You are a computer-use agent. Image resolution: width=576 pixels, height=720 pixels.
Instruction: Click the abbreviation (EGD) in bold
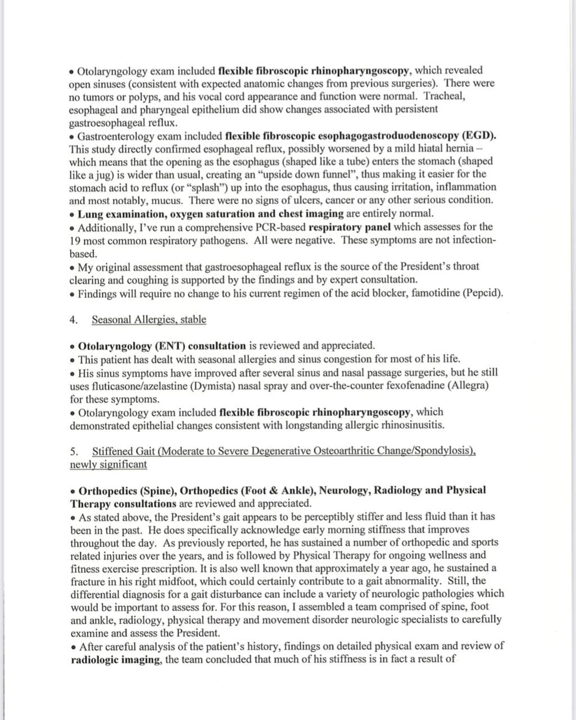pos(478,136)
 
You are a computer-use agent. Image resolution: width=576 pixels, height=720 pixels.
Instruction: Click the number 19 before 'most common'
pos(75,240)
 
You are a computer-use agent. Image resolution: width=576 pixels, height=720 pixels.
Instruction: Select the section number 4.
pos(73,319)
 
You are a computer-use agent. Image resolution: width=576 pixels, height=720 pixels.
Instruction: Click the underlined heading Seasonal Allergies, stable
pos(149,319)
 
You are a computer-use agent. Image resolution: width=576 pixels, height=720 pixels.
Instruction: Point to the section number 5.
pos(74,451)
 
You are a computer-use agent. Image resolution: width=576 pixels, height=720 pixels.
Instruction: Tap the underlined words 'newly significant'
pos(108,464)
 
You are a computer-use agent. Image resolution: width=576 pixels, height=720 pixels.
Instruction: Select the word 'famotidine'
pos(429,293)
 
